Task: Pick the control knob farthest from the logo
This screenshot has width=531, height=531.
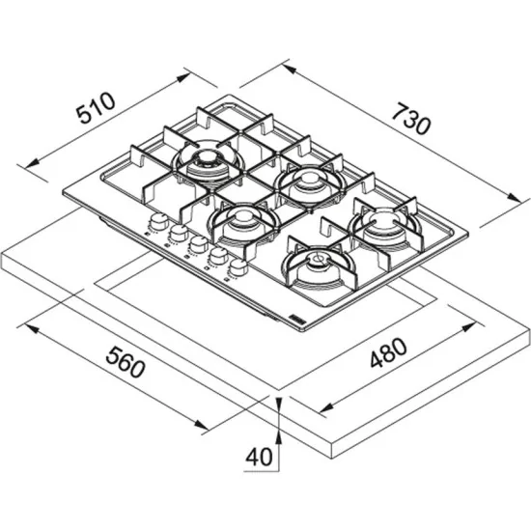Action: [154, 225]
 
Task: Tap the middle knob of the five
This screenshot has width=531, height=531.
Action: [197, 244]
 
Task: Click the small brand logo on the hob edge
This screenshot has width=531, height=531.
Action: [295, 318]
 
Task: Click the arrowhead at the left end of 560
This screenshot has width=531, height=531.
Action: [30, 329]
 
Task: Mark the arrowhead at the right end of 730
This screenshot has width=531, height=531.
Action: [511, 197]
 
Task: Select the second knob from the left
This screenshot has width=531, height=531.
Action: [177, 234]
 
